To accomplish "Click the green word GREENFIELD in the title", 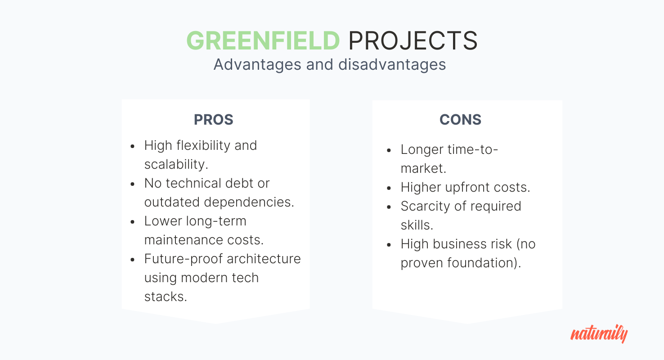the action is point(263,40).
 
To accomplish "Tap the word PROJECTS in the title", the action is point(413,40).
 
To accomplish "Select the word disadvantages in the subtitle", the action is point(392,64).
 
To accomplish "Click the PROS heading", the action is point(213,120).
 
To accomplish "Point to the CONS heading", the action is point(460,120).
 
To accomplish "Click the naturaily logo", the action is point(599,334).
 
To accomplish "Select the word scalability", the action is point(176,164).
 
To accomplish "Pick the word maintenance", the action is point(184,240).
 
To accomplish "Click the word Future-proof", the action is point(184,259).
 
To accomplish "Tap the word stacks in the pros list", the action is point(166,297).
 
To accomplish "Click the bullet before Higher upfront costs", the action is point(389,188).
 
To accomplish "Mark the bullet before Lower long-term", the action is point(133,222).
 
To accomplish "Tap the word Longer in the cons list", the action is point(422,150).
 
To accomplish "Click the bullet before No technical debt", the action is point(133,184).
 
